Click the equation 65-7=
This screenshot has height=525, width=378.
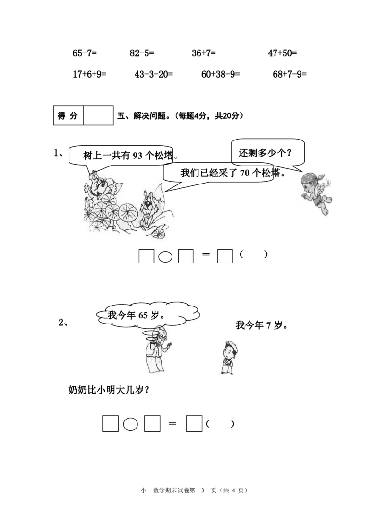[85, 53]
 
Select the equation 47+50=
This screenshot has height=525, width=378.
[283, 53]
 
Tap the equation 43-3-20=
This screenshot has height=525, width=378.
[154, 74]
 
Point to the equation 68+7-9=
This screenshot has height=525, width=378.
[290, 74]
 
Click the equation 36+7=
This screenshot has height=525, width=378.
[204, 53]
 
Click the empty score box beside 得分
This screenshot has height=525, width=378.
[98, 115]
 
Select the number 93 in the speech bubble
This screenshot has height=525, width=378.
[137, 156]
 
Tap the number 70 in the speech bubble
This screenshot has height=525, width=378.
[245, 173]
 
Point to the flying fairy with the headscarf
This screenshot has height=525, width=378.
[317, 193]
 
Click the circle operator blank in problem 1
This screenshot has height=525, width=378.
[165, 257]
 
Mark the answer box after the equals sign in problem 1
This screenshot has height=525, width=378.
[225, 256]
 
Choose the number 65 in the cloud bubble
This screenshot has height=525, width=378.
[143, 315]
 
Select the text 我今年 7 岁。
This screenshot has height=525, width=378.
[262, 325]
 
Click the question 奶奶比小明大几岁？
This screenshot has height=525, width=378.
[109, 390]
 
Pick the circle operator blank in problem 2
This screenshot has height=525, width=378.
[130, 424]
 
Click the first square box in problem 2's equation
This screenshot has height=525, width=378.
[111, 424]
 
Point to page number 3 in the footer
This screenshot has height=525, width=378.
[202, 490]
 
